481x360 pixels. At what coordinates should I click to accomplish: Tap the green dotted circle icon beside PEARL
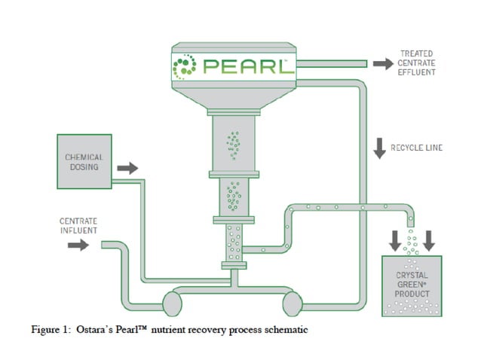184,66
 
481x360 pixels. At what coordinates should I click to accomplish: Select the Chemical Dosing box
84,162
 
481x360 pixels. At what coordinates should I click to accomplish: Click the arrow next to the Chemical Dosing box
127,167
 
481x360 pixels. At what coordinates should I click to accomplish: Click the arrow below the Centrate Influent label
78,246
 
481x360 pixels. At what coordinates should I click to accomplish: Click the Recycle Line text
417,148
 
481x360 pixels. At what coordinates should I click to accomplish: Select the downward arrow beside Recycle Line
380,148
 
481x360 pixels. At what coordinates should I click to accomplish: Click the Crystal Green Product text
412,284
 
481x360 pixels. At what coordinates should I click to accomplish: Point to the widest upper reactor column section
234,142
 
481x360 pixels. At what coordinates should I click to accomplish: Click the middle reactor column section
234,196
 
